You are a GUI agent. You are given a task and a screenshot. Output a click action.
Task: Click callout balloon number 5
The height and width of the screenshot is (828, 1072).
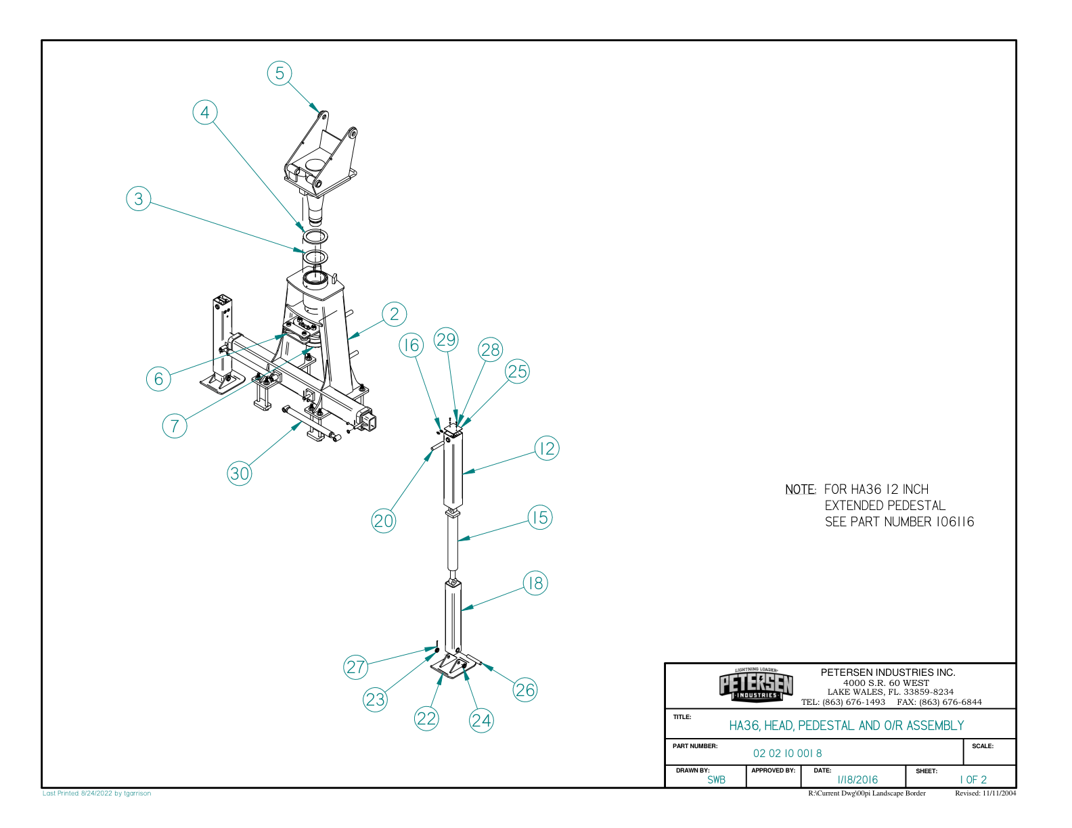[x=280, y=73]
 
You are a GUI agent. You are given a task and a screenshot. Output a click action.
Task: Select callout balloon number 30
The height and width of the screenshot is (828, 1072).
[x=240, y=473]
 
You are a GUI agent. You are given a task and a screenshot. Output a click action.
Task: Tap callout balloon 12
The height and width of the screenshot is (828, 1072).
[x=547, y=448]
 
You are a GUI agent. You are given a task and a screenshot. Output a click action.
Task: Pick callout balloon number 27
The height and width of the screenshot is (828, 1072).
[x=356, y=667]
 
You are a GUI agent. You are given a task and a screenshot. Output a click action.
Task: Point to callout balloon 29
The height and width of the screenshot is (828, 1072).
[x=446, y=340]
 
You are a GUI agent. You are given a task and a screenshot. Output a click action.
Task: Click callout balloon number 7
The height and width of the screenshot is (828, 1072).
[x=175, y=425]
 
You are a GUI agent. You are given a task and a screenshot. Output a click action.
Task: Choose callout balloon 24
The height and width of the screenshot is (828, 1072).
[x=481, y=720]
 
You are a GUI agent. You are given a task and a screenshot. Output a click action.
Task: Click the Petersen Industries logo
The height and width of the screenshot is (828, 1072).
[x=756, y=685]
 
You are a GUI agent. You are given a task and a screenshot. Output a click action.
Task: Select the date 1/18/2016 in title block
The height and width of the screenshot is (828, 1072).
[x=857, y=779]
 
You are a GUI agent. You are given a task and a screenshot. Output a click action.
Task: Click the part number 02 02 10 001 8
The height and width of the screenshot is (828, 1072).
[x=788, y=753]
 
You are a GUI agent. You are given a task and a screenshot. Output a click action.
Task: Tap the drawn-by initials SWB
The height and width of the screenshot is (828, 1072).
[x=716, y=779]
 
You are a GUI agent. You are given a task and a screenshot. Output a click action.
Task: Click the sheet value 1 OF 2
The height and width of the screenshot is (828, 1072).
[x=973, y=779]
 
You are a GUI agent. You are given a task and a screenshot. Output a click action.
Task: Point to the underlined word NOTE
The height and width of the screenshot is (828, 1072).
[x=801, y=489]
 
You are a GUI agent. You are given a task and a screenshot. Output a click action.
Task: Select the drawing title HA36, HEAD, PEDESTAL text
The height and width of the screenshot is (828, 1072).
[x=846, y=725]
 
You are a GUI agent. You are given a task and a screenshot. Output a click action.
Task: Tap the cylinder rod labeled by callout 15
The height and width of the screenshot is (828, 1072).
[x=452, y=545]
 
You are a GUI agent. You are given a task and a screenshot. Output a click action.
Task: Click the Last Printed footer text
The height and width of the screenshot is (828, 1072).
[x=97, y=793]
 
